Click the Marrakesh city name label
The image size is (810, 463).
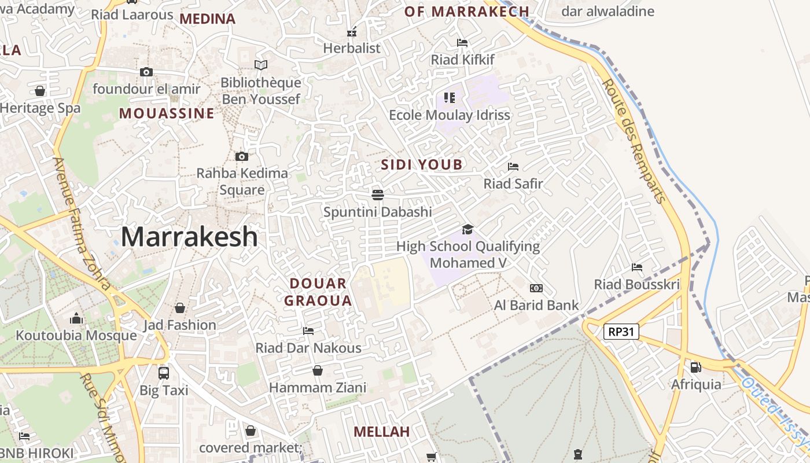coord(189,237)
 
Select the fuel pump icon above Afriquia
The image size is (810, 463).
coord(696,367)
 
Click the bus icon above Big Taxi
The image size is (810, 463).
coord(164,373)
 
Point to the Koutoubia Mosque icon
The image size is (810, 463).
coord(76,318)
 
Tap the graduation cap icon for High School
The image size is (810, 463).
coord(467,230)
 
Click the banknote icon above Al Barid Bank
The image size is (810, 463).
coord(536,288)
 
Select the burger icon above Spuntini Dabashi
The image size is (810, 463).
coord(378,194)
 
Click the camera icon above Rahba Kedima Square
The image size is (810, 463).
coord(242,156)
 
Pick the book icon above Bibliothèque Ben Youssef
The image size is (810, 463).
coord(261,65)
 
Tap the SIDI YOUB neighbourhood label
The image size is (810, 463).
coord(422,165)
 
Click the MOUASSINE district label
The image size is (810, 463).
coord(167,113)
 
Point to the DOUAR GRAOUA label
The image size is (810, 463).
coord(318,292)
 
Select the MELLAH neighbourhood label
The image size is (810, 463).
coord(381,432)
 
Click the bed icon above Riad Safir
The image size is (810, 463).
coord(513,167)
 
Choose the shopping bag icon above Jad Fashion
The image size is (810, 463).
coord(180,308)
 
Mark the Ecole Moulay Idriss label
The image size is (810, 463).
coord(450,115)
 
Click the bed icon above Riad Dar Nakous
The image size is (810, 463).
coord(308,331)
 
